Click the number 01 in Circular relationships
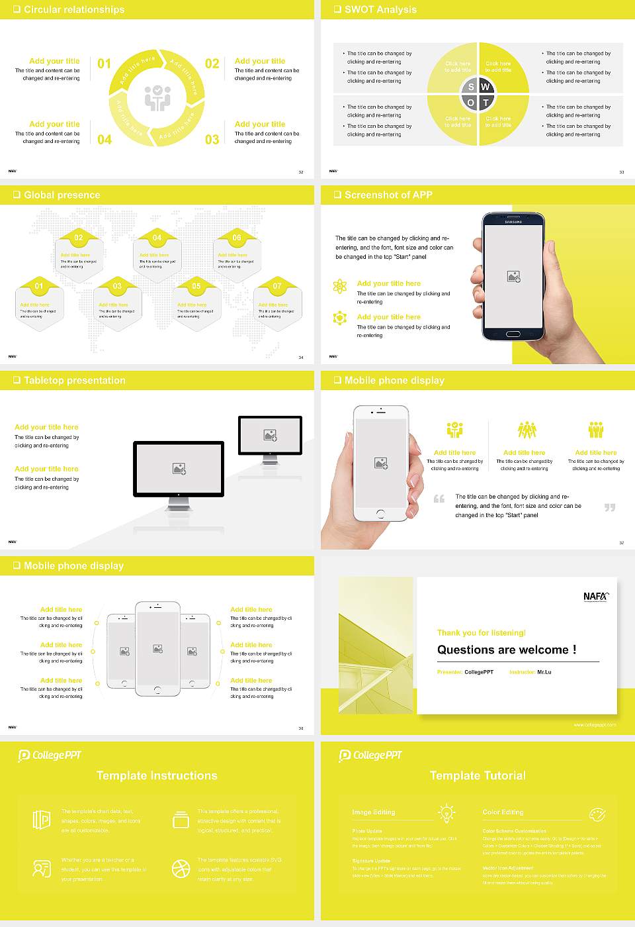click(x=105, y=64)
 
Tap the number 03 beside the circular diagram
click(x=212, y=140)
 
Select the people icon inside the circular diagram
click(x=157, y=98)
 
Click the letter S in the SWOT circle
click(x=471, y=87)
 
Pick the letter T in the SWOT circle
click(x=486, y=103)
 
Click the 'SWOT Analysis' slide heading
click(x=380, y=9)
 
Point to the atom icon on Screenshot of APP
click(x=340, y=286)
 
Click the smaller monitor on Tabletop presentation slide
click(x=270, y=437)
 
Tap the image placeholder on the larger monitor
click(x=179, y=469)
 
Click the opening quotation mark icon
click(x=439, y=499)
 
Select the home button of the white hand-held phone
click(x=380, y=514)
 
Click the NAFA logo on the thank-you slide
click(x=595, y=597)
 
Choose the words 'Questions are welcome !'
click(x=507, y=650)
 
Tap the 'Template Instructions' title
click(x=157, y=775)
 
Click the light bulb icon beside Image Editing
click(x=446, y=812)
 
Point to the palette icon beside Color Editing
click(x=597, y=814)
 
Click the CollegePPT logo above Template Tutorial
click(x=370, y=756)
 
